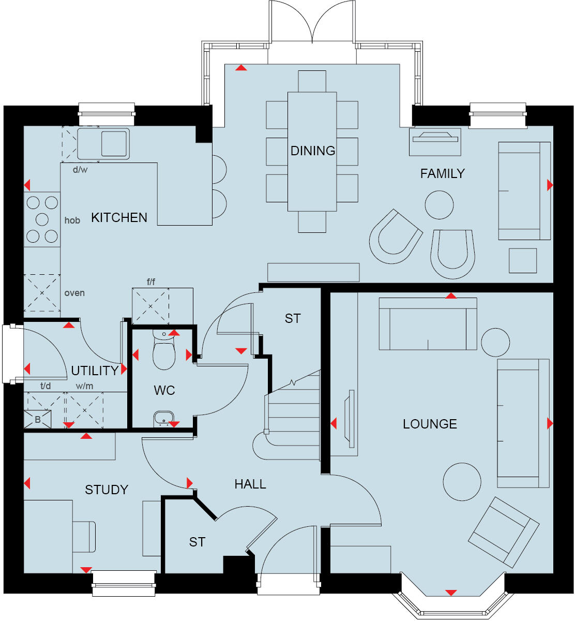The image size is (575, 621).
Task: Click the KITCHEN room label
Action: [x=119, y=218]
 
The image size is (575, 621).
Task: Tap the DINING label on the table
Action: [x=312, y=151]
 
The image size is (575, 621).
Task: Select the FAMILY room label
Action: [x=442, y=174]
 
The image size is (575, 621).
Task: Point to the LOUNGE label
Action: [x=430, y=424]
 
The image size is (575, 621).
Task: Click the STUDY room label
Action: [x=107, y=490]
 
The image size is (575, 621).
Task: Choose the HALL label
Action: [x=250, y=484]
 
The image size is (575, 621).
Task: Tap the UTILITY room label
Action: [x=95, y=371]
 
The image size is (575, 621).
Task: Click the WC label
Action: [x=164, y=390]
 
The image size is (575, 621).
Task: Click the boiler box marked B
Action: [x=38, y=420]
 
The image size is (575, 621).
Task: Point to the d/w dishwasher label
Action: [x=80, y=170]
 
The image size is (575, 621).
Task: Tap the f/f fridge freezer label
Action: [x=151, y=282]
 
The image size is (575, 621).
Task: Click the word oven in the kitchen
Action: [x=74, y=293]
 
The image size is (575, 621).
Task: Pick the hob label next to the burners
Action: [x=72, y=220]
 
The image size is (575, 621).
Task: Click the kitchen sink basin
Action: [x=114, y=143]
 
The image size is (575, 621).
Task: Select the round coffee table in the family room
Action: [x=439, y=205]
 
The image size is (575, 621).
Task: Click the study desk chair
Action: [x=84, y=537]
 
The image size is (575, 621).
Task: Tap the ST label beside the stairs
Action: [x=293, y=319]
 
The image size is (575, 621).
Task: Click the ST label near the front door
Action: [x=197, y=542]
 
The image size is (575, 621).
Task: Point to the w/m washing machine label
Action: [x=85, y=386]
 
